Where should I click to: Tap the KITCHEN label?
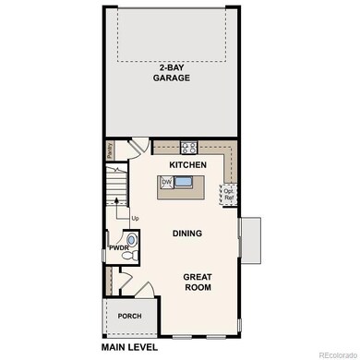(x=186, y=164)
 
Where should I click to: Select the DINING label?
(x=186, y=234)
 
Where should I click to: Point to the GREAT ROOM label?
(x=197, y=282)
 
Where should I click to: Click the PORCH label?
(x=128, y=316)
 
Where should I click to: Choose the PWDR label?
(x=118, y=247)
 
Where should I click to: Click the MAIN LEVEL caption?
(x=129, y=347)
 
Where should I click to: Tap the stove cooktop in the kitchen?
(x=189, y=146)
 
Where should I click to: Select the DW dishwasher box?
(x=167, y=183)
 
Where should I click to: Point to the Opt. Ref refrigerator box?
(x=228, y=195)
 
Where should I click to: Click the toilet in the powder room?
(x=133, y=241)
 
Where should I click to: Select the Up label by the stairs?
(x=136, y=218)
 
